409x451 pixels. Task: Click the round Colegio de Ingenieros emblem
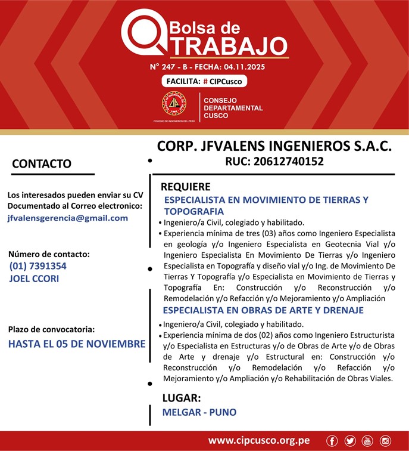pyautogui.click(x=174, y=104)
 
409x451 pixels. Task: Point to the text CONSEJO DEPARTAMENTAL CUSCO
pyautogui.click(x=224, y=108)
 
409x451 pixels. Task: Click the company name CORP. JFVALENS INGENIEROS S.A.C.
pyautogui.click(x=274, y=146)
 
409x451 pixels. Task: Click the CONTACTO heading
pyautogui.click(x=42, y=163)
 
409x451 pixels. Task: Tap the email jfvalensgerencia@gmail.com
pyautogui.click(x=68, y=218)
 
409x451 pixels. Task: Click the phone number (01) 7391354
pyautogui.click(x=38, y=266)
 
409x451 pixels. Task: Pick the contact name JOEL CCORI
pyautogui.click(x=35, y=278)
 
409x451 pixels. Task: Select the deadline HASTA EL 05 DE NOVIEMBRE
pyautogui.click(x=77, y=344)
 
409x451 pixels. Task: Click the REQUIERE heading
pyautogui.click(x=186, y=187)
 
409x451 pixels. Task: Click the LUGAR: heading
pyautogui.click(x=182, y=398)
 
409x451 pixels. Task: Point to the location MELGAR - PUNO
pyautogui.click(x=199, y=412)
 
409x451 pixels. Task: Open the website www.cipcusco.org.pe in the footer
pyautogui.click(x=258, y=441)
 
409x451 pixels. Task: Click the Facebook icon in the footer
pyautogui.click(x=332, y=441)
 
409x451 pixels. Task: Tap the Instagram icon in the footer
pyautogui.click(x=385, y=441)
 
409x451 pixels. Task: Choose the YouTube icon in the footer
pyautogui.click(x=367, y=441)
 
